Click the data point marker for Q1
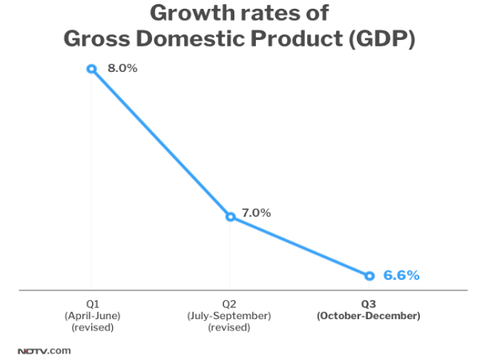(91, 69)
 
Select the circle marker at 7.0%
(230, 216)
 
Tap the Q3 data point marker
(369, 276)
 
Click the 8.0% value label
(122, 69)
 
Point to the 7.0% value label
(256, 213)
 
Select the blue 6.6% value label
(401, 276)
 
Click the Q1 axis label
(92, 305)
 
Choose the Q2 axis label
(230, 305)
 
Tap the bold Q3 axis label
(369, 305)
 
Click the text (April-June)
(92, 316)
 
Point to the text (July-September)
(230, 316)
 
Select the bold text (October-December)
(369, 316)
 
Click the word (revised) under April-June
(92, 327)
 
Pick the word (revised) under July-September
(230, 327)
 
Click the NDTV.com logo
(44, 350)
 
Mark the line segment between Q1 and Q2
(160, 142)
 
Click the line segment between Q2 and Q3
(299, 246)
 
